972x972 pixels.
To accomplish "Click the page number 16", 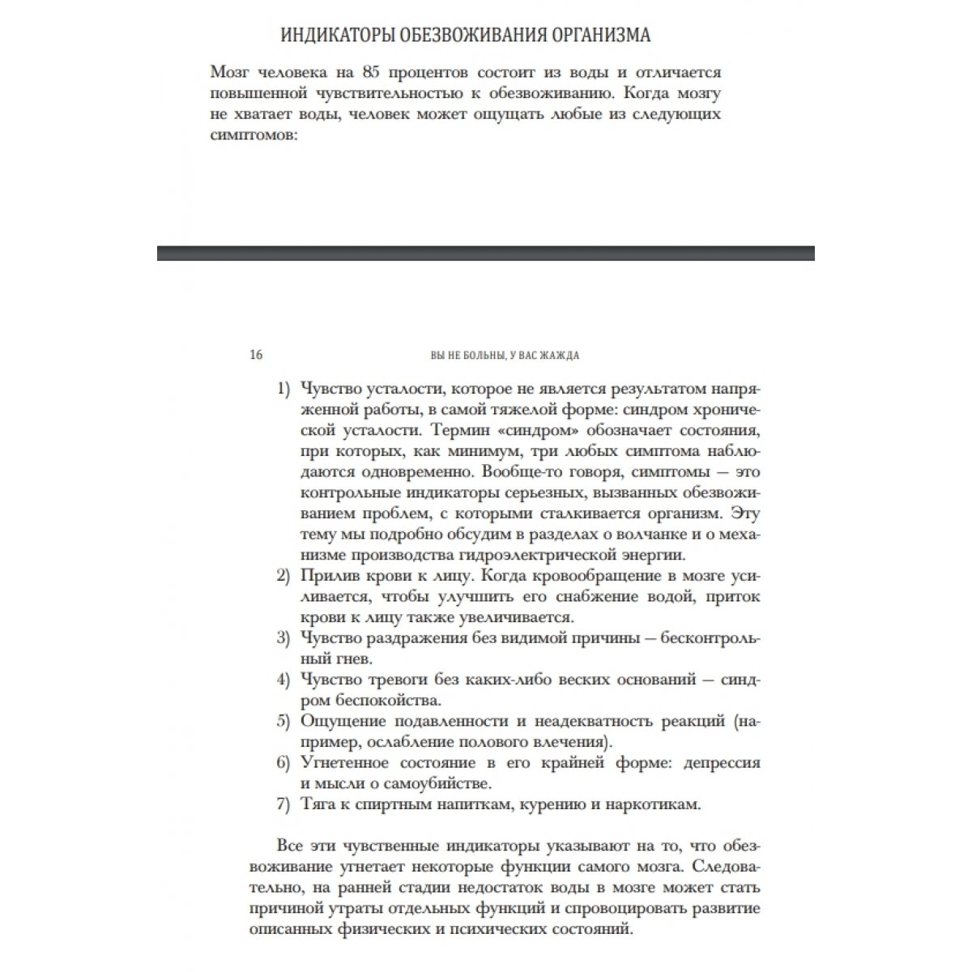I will (x=257, y=355).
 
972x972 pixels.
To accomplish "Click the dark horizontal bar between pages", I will (x=486, y=253).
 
